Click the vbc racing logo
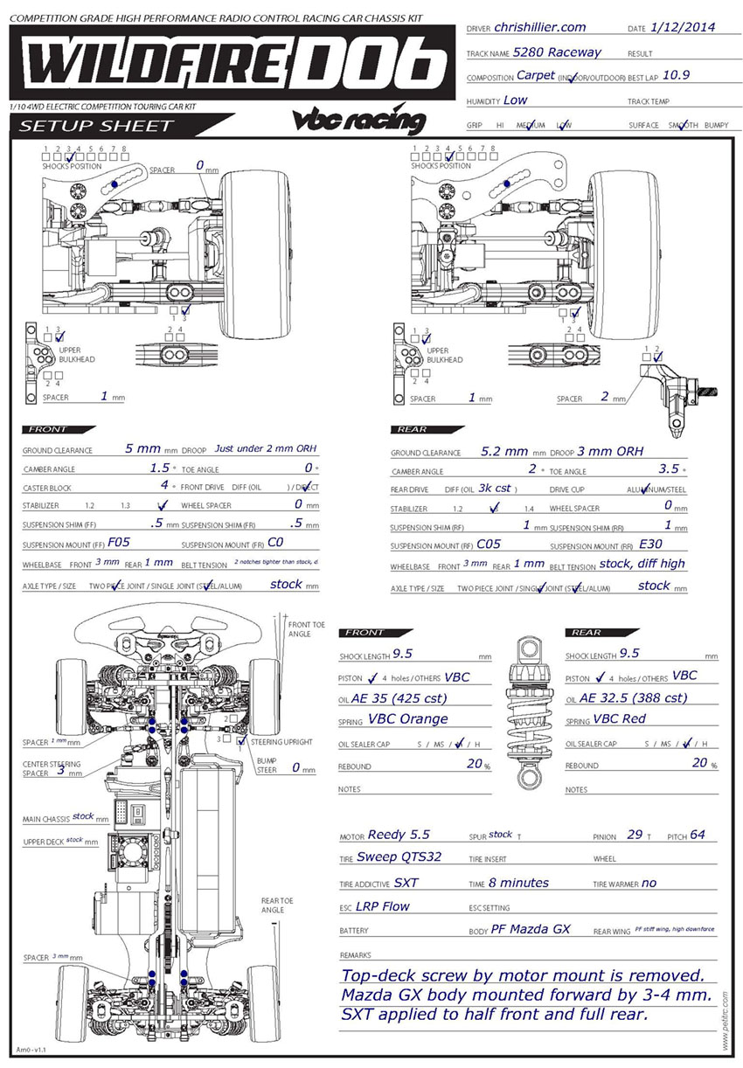359,121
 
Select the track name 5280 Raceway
557,52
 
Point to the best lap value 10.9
677,75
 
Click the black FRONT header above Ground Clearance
58,429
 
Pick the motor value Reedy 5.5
399,835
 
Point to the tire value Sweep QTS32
405,856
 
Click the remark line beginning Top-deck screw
523,976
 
